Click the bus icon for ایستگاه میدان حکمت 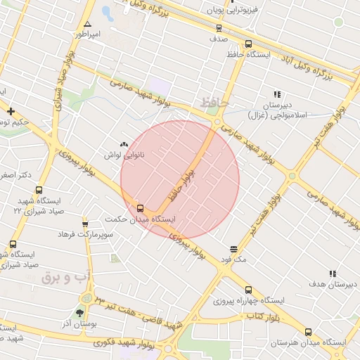141,208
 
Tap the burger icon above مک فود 233,250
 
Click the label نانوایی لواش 124,154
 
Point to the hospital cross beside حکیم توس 11,111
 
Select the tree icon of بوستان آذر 79,312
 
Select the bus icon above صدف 219,29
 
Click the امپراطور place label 90,34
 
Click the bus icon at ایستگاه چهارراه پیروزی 247,290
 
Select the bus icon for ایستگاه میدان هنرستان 308,332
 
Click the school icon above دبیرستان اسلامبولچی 277,94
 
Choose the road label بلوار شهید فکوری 139,344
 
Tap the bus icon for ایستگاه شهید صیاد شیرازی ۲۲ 39,191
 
